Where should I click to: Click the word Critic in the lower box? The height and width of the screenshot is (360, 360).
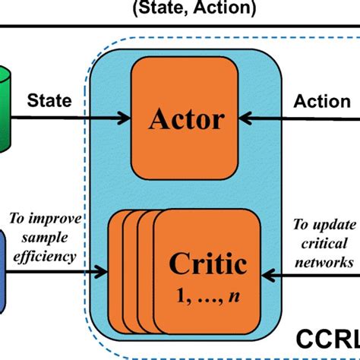[207, 264]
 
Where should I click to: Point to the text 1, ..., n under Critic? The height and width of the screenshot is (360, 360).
[207, 290]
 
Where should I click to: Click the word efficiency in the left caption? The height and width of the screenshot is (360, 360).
[46, 256]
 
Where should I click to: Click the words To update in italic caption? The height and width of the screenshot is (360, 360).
[324, 226]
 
